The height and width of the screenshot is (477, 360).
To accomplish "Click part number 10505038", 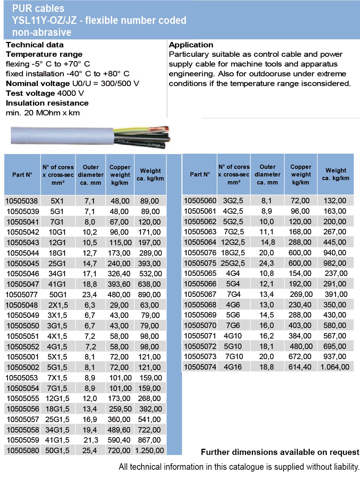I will [22, 201].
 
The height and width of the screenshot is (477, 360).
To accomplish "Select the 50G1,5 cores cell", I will [58, 451].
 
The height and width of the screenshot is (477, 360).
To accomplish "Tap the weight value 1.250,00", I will [149, 451].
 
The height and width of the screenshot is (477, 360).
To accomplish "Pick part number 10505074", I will [200, 367].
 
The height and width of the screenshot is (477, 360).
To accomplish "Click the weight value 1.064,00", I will [335, 367].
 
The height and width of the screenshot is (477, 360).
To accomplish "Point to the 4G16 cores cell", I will [233, 367].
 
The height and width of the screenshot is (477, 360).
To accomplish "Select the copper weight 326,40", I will [119, 274].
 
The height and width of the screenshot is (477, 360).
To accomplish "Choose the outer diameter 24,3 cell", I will [267, 263].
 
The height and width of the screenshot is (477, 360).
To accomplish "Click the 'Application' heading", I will [191, 45].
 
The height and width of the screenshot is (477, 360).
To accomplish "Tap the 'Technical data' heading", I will [35, 45].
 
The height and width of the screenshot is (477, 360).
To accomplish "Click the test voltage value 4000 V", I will [71, 93].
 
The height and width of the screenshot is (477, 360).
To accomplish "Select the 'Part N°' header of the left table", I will [22, 175].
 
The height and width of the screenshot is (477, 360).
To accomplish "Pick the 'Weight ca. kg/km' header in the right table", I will [336, 174].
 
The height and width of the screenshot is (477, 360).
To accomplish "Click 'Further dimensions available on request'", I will [280, 452].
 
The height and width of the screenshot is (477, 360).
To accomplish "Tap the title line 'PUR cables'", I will [38, 8].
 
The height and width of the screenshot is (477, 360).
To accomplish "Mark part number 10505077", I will [22, 295].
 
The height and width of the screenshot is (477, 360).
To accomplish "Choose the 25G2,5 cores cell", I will [233, 263].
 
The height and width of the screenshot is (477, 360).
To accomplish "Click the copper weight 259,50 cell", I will [119, 409].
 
